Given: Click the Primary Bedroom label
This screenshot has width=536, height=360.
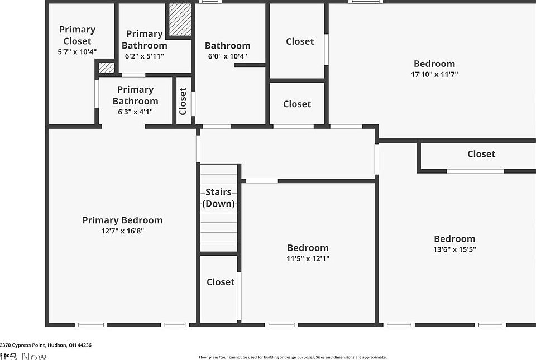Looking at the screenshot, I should pos(122,220).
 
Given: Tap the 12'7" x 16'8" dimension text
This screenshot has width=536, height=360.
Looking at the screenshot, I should pos(122,231).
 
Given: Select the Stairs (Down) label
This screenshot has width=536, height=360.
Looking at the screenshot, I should pos(218,198).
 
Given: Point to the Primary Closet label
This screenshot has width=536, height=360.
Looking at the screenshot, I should pos(77,35).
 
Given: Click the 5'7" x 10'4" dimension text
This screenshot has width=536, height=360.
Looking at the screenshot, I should pos(77,52).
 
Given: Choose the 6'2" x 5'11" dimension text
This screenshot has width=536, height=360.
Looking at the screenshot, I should pos(144,56).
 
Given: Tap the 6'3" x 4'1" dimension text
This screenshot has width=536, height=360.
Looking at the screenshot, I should pos(135,112).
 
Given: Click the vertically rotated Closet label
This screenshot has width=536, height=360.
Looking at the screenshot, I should pos(183,101).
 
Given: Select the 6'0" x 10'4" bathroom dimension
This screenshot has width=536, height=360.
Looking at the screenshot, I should pos(227,56).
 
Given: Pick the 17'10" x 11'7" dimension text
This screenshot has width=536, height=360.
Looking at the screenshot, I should pos(434,74).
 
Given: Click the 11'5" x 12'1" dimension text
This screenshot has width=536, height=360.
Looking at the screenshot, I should pos(308,258).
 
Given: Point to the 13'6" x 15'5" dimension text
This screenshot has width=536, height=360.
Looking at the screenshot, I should pos(454,249).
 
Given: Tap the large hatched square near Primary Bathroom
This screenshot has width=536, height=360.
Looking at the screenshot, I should pos(180,20).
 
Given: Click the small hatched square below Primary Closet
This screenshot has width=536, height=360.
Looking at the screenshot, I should pos(106,68).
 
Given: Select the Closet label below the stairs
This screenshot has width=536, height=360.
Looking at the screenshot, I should pos(221,282).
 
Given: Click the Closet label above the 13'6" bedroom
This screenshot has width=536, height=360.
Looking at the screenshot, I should pos(481,154).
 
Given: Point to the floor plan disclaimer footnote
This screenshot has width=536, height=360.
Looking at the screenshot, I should pos(293,357).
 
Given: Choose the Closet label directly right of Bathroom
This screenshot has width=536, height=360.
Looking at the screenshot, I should pos(300,41).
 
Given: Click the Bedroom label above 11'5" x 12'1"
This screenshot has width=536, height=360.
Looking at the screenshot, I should pos(308,248).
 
